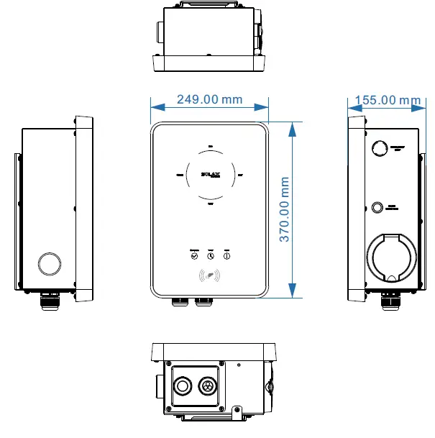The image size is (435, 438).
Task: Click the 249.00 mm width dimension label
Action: (x=209, y=100)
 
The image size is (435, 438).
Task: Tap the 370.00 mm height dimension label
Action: (x=285, y=209)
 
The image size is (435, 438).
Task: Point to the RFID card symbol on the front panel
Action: (x=210, y=275)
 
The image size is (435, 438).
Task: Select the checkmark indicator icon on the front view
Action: (x=194, y=255)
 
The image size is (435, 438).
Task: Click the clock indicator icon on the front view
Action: (x=211, y=255)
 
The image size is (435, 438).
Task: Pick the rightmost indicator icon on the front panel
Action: (x=226, y=255)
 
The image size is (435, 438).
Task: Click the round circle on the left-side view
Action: (x=48, y=263)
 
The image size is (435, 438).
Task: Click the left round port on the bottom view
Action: (x=183, y=385)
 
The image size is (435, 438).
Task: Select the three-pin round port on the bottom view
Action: (x=209, y=385)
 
